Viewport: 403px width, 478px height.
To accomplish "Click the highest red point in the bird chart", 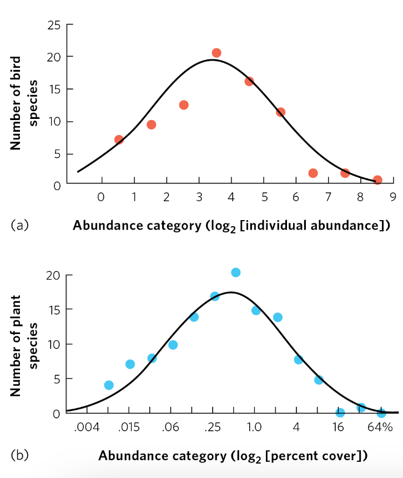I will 216,53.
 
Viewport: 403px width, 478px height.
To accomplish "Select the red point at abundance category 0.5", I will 119,140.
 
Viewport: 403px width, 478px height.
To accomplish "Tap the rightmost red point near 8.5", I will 377,180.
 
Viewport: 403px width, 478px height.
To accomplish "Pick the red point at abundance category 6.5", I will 313,173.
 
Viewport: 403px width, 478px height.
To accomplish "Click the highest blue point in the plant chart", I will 235,272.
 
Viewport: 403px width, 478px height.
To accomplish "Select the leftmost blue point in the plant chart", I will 109,385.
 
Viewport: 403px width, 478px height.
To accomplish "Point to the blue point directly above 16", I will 340,412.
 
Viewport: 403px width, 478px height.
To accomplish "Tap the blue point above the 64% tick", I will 381,413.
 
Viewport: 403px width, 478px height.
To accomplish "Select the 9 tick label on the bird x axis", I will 392,197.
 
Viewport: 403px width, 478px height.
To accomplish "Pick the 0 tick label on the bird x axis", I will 100,197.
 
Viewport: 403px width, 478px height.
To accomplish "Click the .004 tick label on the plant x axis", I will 87,427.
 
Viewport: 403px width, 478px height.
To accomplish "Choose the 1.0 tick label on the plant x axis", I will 255,427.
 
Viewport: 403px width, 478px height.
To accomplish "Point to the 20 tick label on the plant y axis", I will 53,275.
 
